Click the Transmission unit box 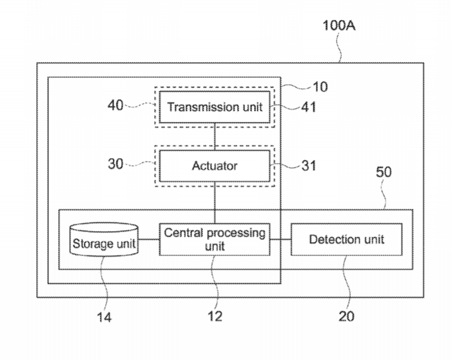coord(215,107)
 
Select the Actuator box coord(215,166)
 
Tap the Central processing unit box coord(215,239)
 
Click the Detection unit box coord(346,239)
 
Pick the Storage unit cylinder coord(104,241)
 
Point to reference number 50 coord(383,173)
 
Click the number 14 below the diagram coord(104,317)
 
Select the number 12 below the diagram coord(215,317)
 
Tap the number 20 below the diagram coord(346,317)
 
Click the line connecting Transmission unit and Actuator coord(215,135)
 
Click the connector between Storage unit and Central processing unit coord(149,240)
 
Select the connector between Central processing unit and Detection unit coord(280,240)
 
